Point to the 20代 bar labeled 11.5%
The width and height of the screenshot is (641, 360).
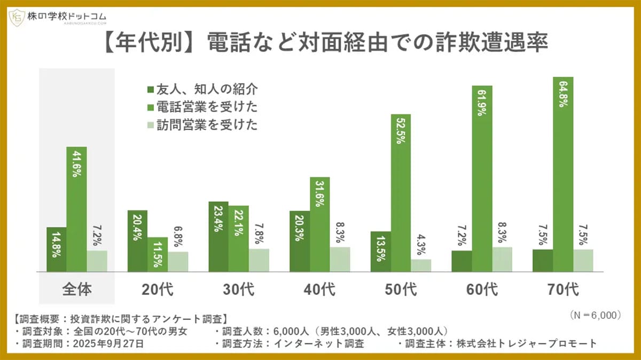pyautogui.click(x=158, y=255)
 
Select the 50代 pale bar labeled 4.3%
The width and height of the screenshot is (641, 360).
pyautogui.click(x=421, y=265)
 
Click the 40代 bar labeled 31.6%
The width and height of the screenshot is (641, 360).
pyautogui.click(x=319, y=224)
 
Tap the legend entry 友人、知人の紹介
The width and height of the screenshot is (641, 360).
pyautogui.click(x=203, y=89)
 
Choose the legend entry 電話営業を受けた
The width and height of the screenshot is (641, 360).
pyautogui.click(x=203, y=107)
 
